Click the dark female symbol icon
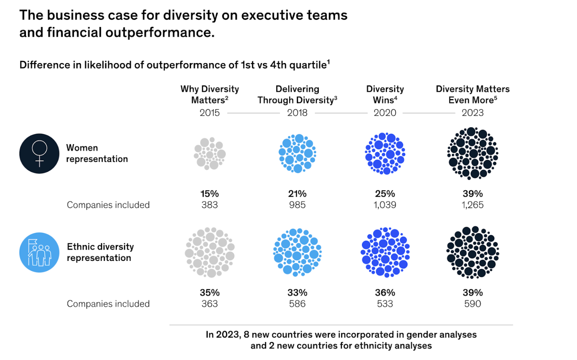tap(39, 154)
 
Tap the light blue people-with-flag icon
tap(39, 252)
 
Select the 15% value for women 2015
tap(210, 194)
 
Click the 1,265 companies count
tap(473, 205)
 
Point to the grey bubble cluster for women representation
tap(210, 154)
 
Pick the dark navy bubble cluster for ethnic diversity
tap(473, 252)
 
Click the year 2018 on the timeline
tap(297, 113)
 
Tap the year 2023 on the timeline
tap(473, 113)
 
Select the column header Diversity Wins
tap(385, 95)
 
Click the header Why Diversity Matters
tap(210, 95)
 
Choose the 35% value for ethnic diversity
tap(210, 292)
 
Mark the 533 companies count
tap(385, 304)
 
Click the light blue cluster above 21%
tap(297, 154)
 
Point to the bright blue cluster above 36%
tap(385, 252)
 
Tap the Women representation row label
tap(97, 154)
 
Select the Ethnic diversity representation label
tap(100, 252)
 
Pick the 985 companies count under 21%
tap(297, 205)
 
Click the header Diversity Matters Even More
tap(473, 95)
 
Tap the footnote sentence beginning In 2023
tap(341, 340)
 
